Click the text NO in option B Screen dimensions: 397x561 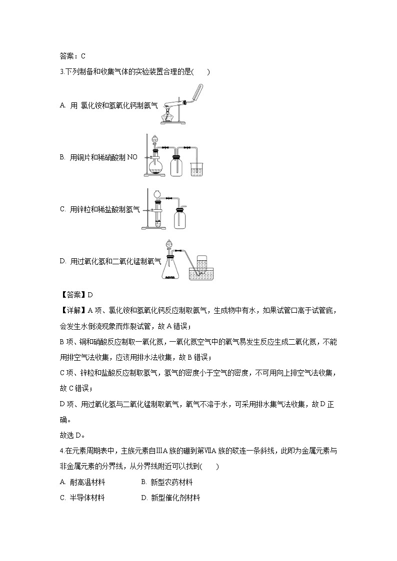point(131,157)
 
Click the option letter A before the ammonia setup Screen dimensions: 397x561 point(62,105)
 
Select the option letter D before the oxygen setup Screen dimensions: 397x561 point(62,260)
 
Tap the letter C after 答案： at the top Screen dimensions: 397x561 point(83,56)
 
